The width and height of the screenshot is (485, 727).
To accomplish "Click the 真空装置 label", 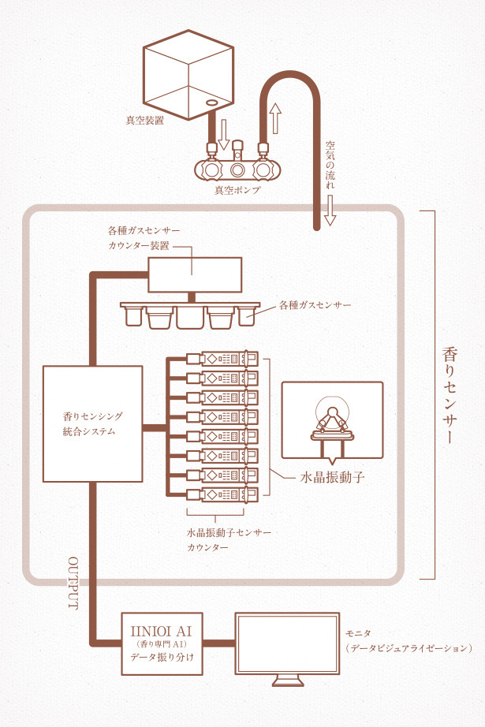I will [144, 121].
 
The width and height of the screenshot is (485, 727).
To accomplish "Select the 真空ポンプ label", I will [237, 191].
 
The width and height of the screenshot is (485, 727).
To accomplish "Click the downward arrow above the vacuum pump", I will [222, 134].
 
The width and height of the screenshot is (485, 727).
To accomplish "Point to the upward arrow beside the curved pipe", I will [274, 117].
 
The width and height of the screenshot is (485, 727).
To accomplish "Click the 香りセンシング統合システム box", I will [93, 423].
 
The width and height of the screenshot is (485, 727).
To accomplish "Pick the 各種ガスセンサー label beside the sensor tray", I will [315, 304].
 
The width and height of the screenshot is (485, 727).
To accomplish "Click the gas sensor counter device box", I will [195, 274].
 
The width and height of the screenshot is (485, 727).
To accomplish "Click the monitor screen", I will [287, 644].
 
